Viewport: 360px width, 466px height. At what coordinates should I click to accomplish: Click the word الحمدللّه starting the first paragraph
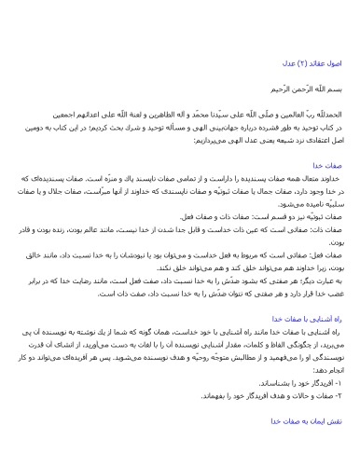pyautogui.click(x=310, y=119)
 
